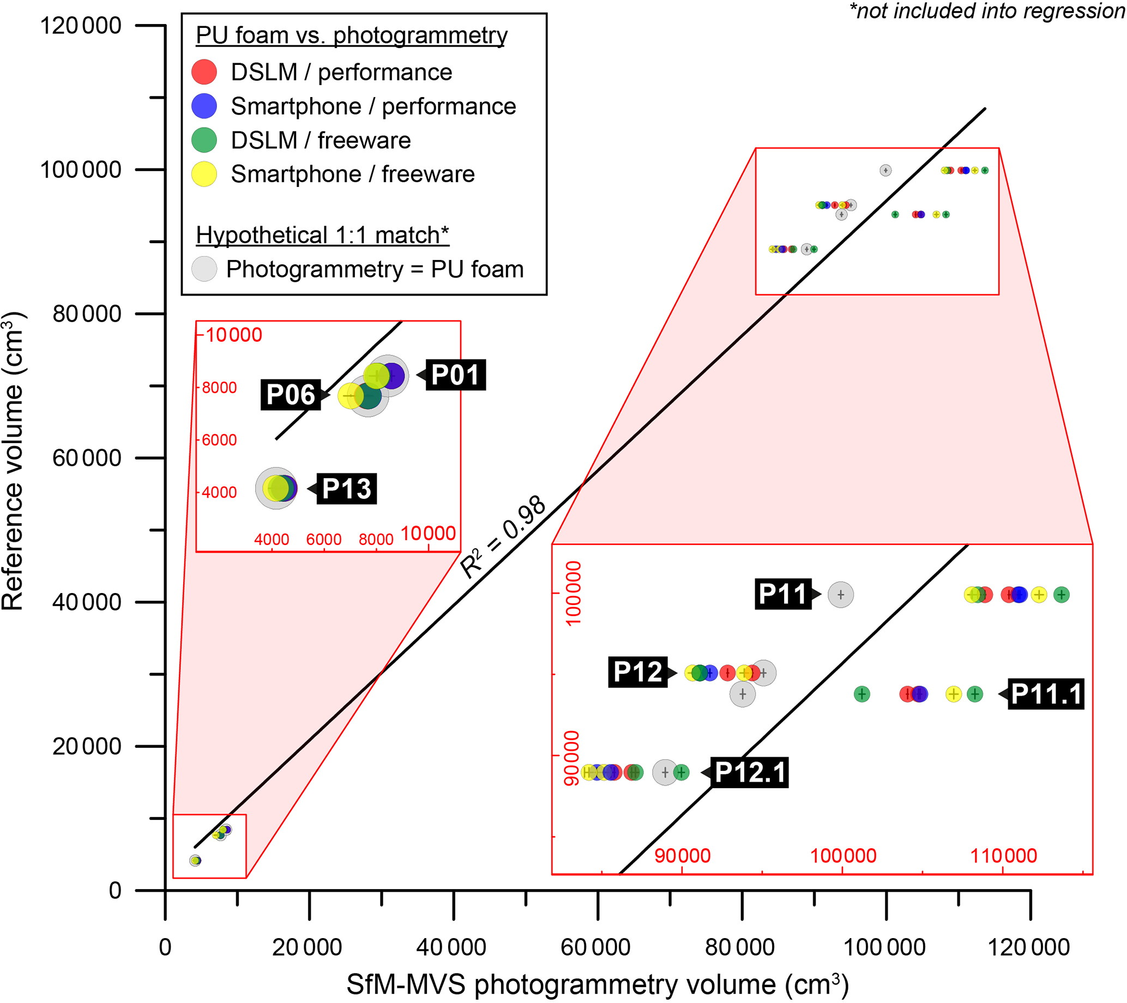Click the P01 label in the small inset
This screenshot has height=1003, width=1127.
click(455, 374)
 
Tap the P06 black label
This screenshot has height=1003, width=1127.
click(291, 395)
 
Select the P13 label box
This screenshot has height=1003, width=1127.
click(346, 489)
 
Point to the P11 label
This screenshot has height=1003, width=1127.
click(783, 594)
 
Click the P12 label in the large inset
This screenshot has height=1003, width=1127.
click(638, 672)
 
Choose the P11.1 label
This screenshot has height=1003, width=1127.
click(1046, 694)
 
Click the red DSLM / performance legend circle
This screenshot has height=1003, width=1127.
click(204, 72)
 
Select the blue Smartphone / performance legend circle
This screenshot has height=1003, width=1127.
click(204, 106)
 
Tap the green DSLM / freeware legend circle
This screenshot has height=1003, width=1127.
click(204, 140)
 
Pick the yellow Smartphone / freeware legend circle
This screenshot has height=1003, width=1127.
click(204, 174)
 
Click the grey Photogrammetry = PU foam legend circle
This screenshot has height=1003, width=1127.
click(204, 269)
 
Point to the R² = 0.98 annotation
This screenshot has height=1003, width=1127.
click(502, 537)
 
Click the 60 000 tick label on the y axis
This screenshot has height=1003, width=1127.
click(87, 458)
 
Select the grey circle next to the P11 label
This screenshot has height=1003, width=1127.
click(840, 595)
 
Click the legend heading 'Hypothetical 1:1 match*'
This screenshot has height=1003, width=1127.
click(323, 235)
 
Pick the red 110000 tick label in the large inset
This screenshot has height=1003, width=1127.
click(1003, 856)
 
